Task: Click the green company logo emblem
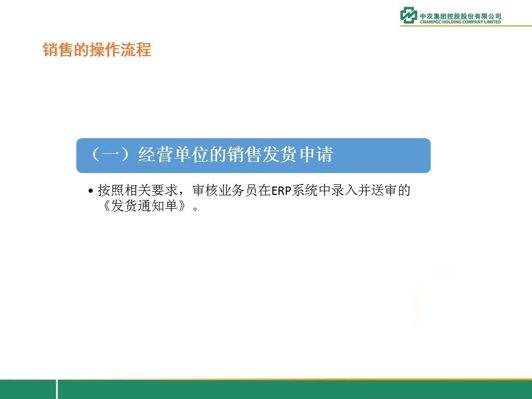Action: [408, 15]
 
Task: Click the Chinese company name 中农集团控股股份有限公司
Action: [460, 16]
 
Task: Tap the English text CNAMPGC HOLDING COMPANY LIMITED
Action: [460, 22]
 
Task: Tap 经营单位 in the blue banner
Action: [174, 155]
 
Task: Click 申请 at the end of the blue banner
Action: [316, 155]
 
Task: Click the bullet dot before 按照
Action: [90, 191]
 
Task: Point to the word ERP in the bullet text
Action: [281, 191]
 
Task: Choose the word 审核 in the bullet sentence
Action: [205, 190]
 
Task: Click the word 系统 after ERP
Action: [304, 190]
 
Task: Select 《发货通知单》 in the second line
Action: [144, 206]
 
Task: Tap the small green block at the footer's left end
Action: [28, 389]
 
